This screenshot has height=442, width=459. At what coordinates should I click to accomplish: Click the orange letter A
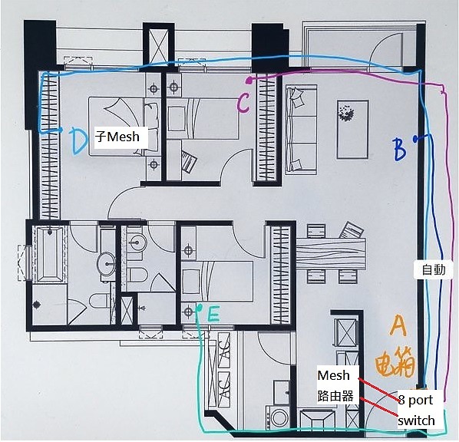(398, 325)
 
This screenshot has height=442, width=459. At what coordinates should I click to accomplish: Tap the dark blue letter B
(400, 150)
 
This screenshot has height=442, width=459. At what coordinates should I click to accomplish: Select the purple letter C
(243, 104)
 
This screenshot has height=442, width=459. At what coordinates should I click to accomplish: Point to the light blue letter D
(79, 142)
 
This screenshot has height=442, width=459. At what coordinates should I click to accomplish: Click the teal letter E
(213, 315)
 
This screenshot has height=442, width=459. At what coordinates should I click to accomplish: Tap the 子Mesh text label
(117, 137)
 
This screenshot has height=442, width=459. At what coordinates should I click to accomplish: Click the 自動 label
(434, 269)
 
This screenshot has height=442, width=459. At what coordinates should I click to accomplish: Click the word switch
(416, 421)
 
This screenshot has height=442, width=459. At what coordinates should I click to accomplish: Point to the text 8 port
(415, 400)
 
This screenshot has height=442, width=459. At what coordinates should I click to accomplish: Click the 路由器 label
(335, 396)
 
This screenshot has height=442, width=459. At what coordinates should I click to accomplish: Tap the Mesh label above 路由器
(333, 375)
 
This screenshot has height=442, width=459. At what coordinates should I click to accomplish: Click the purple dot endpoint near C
(249, 80)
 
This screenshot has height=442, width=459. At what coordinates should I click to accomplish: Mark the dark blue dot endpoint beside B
(415, 139)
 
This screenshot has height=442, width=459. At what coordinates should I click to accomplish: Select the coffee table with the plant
(352, 130)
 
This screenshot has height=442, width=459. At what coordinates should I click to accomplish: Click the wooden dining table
(331, 253)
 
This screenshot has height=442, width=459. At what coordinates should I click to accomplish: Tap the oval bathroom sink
(107, 264)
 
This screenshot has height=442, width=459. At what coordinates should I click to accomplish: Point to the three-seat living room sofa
(301, 130)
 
